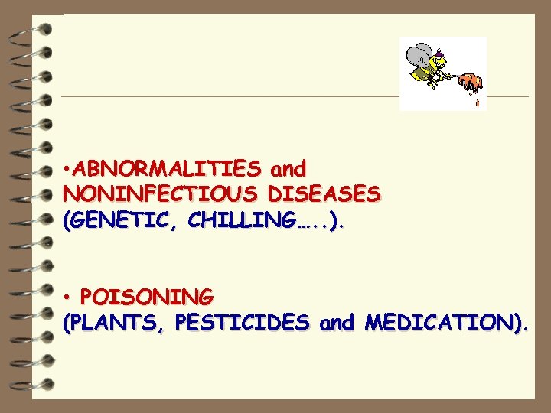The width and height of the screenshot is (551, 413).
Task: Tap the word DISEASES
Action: pyautogui.click(x=322, y=194)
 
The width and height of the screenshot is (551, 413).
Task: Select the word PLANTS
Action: pyautogui.click(x=116, y=323)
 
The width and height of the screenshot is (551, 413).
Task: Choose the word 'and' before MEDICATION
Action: pyautogui.click(x=337, y=323)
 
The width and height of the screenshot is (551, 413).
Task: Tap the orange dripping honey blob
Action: pyautogui.click(x=469, y=80)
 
